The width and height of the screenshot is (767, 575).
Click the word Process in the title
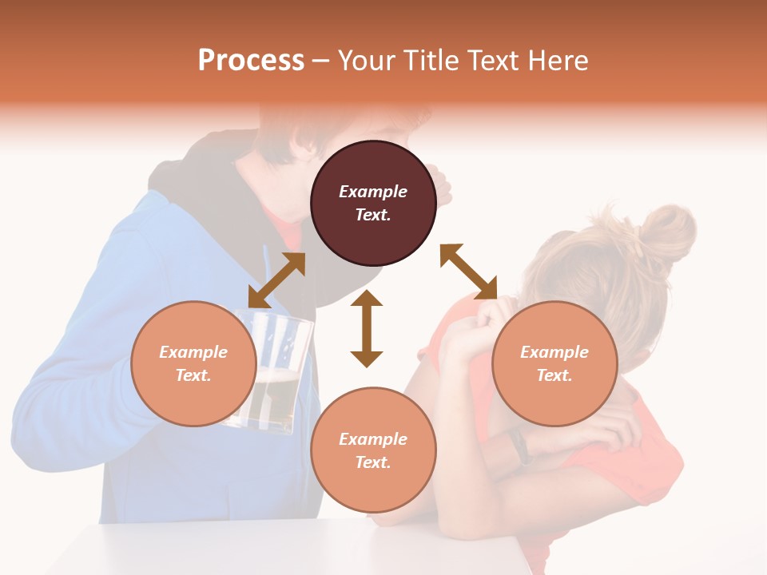251,60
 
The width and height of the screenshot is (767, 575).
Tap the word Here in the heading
558,60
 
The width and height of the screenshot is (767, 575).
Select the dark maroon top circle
373,203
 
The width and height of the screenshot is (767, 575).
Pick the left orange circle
193,363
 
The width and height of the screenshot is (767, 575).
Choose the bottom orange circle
373,450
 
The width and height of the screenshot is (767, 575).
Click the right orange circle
554,363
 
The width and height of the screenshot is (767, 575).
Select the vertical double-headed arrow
367,328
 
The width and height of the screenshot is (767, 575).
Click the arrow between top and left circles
276,280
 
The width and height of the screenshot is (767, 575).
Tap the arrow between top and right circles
468,272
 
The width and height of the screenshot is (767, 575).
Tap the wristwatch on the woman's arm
519,447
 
